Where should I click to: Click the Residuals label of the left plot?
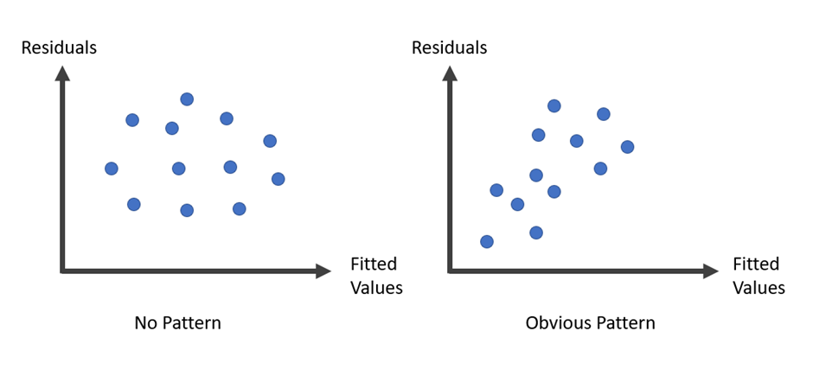(59, 48)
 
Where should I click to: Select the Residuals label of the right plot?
(450, 48)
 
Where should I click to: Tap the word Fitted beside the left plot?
(374, 264)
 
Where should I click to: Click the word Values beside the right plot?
(759, 288)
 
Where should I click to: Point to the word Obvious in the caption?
(557, 323)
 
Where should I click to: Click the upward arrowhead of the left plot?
(63, 73)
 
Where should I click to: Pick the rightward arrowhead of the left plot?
(323, 271)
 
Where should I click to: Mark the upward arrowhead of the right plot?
(450, 73)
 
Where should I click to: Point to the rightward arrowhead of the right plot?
(711, 271)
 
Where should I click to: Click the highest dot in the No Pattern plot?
(187, 99)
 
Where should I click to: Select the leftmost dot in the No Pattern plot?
(112, 169)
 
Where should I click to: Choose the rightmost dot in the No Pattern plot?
(278, 179)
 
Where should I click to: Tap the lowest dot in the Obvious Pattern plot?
(487, 241)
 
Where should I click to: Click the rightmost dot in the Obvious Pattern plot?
(627, 147)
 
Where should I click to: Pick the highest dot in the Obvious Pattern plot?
(554, 106)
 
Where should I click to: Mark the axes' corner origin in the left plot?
(63, 271)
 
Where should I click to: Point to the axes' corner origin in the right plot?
(450, 271)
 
